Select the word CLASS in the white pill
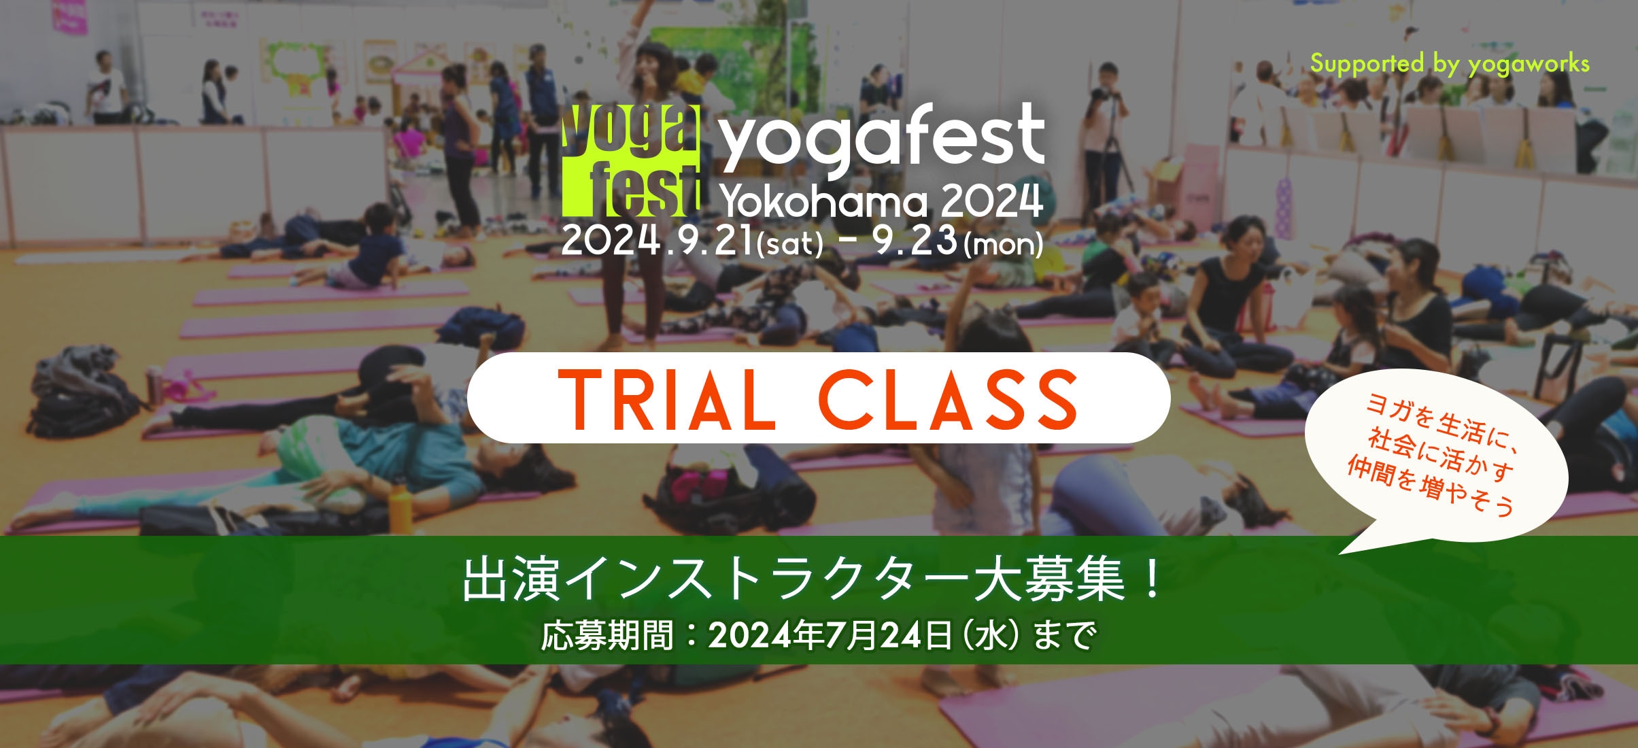[x=948, y=399]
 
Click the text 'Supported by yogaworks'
[x=1449, y=64]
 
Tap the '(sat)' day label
[x=790, y=244]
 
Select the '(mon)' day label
[x=1003, y=244]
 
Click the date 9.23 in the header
[x=915, y=241]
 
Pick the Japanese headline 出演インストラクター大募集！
[x=813, y=579]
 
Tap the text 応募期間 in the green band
[x=607, y=636]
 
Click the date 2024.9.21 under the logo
[x=657, y=241]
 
